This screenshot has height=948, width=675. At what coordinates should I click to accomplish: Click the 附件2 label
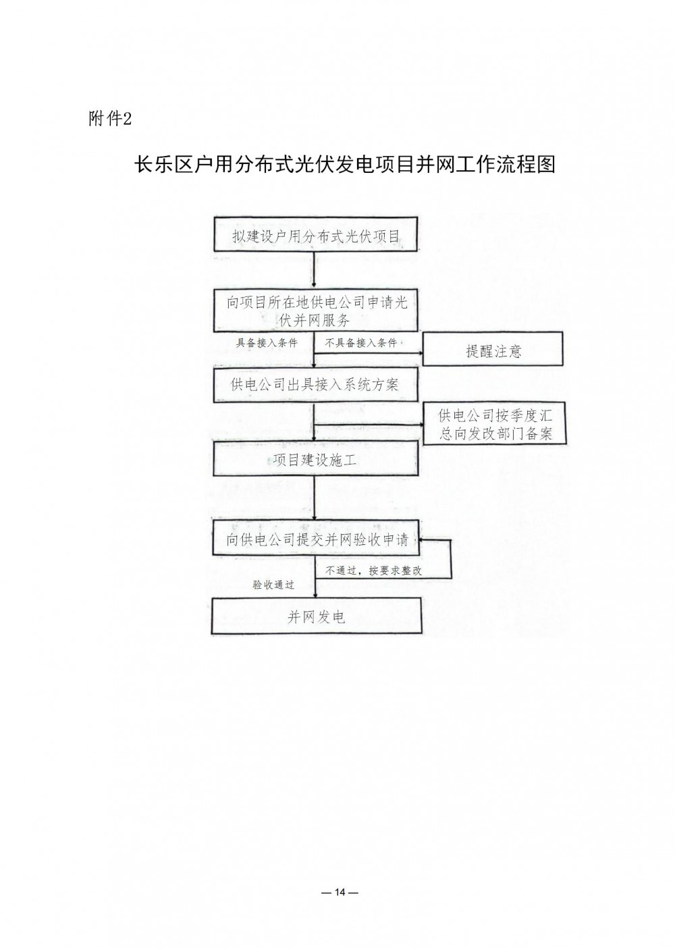coord(110,119)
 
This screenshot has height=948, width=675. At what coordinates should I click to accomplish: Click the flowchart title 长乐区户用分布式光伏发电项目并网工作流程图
coord(344,164)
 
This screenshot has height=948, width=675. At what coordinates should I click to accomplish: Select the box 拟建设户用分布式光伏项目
coord(316,234)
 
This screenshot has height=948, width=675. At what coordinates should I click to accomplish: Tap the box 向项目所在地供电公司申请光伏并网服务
coord(316,310)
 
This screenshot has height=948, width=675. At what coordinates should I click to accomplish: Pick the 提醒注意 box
coord(493,348)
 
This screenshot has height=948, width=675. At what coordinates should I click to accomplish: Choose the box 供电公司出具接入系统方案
coord(316,385)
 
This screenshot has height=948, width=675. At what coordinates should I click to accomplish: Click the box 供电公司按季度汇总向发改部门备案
coord(495,423)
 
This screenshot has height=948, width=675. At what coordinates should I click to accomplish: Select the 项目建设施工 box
coord(316,458)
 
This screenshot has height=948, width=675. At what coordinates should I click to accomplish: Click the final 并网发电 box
coord(317,616)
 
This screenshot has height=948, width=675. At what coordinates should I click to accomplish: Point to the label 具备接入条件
coord(267,343)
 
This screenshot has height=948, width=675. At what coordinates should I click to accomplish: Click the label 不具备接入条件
coord(361,343)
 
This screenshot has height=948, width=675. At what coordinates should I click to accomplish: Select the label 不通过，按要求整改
coord(373,571)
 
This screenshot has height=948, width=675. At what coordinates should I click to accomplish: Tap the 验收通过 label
coord(273,585)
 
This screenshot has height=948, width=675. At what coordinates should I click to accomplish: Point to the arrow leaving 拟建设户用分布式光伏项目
coord(314,270)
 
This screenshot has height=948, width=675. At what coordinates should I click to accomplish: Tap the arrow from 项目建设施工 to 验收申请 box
coord(315,498)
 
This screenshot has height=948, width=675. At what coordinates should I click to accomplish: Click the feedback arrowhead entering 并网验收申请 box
coord(421,540)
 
